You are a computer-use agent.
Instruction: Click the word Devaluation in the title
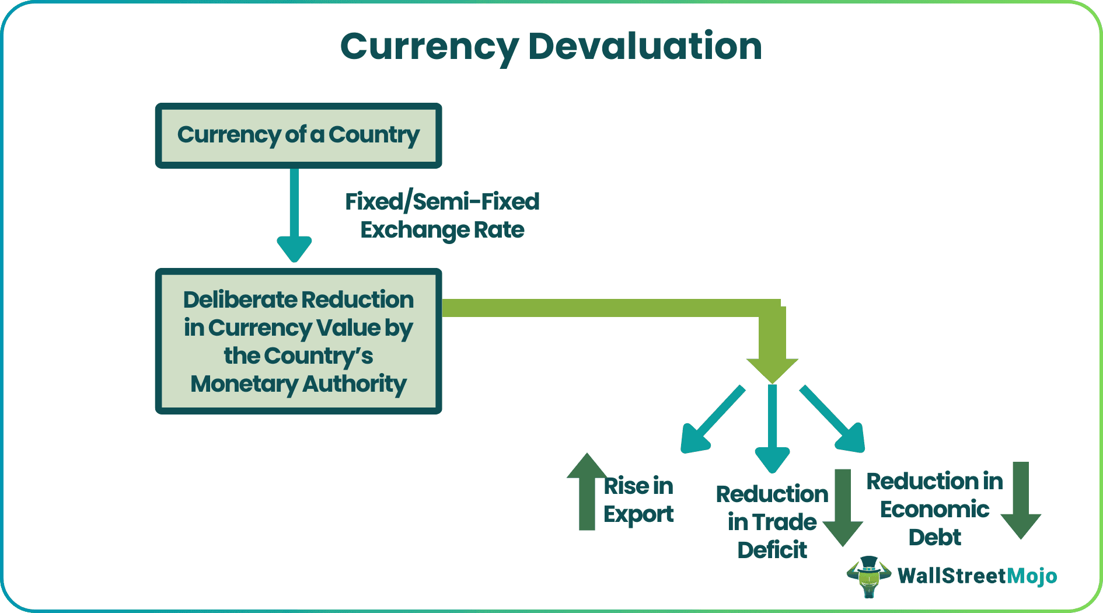pyautogui.click(x=645, y=46)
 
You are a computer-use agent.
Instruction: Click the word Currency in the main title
pyautogui.click(x=430, y=47)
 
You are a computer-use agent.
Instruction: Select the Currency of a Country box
pyautogui.click(x=298, y=135)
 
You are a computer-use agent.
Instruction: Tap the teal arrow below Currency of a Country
pyautogui.click(x=294, y=216)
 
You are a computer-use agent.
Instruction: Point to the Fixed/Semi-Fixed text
pyautogui.click(x=442, y=201)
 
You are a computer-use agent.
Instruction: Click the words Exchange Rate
pyautogui.click(x=442, y=230)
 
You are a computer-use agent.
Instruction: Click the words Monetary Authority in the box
pyautogui.click(x=298, y=384)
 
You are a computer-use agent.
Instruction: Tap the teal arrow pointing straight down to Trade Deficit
pyautogui.click(x=772, y=432)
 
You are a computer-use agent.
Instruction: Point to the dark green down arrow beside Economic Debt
pyautogui.click(x=1021, y=499)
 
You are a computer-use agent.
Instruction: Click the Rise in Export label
pyautogui.click(x=638, y=500)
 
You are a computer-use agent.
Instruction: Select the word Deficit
pyautogui.click(x=772, y=550)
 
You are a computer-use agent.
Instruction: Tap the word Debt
pyautogui.click(x=934, y=537)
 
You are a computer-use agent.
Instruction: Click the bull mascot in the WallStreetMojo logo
pyautogui.click(x=869, y=576)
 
